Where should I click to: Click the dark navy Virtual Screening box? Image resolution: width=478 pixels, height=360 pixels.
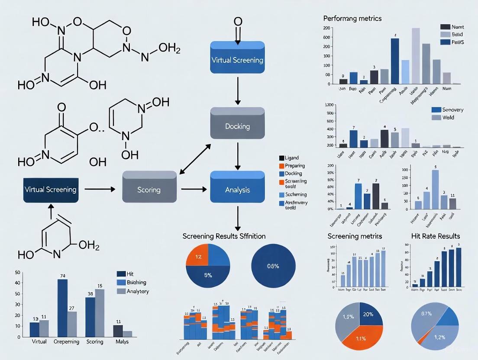[x=51, y=189]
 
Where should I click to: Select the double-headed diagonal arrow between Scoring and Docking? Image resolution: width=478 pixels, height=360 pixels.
[x=195, y=159]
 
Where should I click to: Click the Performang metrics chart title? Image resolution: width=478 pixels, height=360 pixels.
[x=352, y=19]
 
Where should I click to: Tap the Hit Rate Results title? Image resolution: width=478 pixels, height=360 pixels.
[x=435, y=236]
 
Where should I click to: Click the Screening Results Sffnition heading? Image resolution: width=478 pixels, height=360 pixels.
[x=224, y=236]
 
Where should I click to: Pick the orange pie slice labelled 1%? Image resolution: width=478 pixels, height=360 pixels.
[x=197, y=256]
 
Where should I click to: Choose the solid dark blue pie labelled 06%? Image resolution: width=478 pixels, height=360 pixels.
[x=273, y=266]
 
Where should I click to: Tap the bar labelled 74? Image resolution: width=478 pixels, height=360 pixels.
[x=62, y=308]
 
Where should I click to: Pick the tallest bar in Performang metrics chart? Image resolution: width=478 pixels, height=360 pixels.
[x=416, y=55]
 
